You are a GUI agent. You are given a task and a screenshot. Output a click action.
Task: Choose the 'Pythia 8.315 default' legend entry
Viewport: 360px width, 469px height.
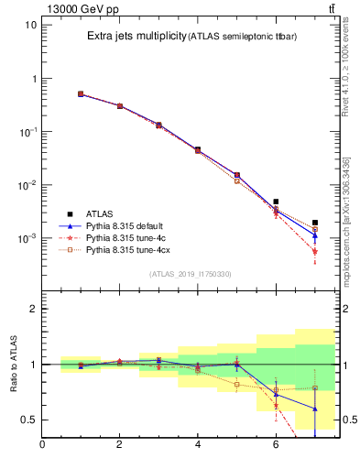[127, 224]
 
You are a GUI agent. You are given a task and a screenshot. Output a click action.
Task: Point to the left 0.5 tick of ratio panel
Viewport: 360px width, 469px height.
[29, 420]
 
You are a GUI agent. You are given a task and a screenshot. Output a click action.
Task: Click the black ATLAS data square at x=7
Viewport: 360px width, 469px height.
[314, 223]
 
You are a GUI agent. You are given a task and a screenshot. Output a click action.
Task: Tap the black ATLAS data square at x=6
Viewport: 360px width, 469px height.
[276, 202]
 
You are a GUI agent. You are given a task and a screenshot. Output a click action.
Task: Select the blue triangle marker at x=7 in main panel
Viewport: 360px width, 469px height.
[314, 235]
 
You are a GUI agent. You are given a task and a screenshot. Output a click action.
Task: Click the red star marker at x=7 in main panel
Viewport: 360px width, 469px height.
[314, 251]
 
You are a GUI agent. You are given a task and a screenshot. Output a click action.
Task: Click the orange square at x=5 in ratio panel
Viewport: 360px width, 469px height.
[236, 385]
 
